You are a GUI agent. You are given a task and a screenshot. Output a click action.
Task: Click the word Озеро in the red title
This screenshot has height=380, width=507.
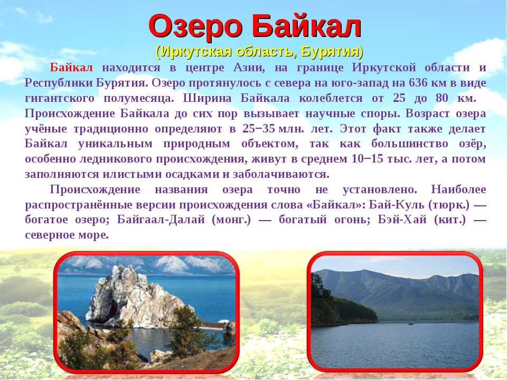[195, 27]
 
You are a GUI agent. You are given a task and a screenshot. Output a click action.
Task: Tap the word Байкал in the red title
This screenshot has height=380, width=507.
[306, 27]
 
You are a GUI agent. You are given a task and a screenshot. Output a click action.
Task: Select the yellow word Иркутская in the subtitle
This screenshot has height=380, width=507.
[197, 52]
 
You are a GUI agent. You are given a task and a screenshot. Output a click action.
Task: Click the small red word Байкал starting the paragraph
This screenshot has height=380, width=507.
[71, 68]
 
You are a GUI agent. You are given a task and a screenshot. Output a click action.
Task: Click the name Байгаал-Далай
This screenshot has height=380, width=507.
[161, 220]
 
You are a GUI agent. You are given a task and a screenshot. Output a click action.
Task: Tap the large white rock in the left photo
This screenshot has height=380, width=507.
[132, 296]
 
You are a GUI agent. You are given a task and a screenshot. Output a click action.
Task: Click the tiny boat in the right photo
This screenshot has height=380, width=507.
[411, 323]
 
